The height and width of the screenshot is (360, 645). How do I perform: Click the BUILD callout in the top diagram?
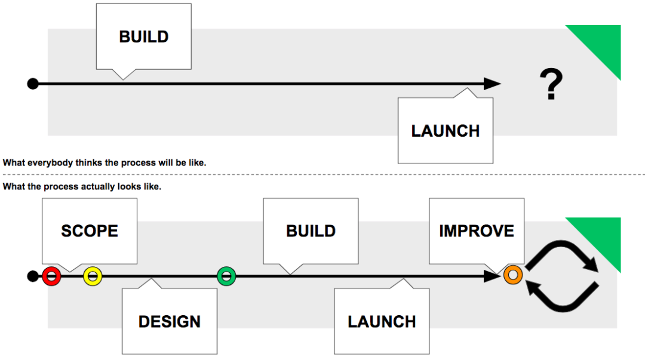click(143, 36)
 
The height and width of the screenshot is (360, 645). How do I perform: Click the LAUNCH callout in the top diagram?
click(446, 131)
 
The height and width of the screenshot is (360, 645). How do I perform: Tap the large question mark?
click(551, 84)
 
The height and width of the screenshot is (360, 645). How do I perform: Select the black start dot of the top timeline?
click(33, 84)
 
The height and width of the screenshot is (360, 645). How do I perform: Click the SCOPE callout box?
click(90, 231)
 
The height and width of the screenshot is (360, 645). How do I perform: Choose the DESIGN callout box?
click(170, 321)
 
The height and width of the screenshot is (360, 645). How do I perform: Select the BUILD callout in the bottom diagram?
click(311, 231)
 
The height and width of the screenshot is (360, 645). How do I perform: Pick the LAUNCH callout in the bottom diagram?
click(382, 321)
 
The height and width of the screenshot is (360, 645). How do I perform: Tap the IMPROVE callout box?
click(477, 231)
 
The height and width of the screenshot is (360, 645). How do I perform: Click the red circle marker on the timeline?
click(52, 276)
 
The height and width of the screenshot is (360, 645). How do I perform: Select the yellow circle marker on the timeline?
click(93, 276)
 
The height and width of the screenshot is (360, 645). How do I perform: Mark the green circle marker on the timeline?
click(226, 276)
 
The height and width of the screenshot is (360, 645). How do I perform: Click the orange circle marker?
click(512, 275)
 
